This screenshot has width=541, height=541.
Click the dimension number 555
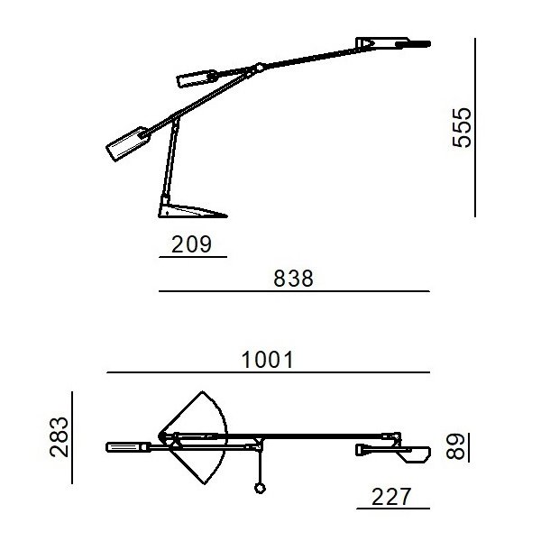coord(462,128)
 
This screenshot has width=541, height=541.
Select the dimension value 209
coord(191,244)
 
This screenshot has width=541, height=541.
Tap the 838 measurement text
coord(293,279)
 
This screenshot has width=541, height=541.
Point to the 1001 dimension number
coord(267,360)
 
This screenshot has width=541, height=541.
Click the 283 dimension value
coord(59,437)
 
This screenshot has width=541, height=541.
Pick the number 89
coord(455,446)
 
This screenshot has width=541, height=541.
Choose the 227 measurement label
coord(391,497)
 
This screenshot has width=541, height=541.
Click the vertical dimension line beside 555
coord(475,128)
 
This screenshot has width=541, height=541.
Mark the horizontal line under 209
coord(193,257)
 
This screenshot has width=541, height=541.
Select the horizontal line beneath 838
coord(294,291)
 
